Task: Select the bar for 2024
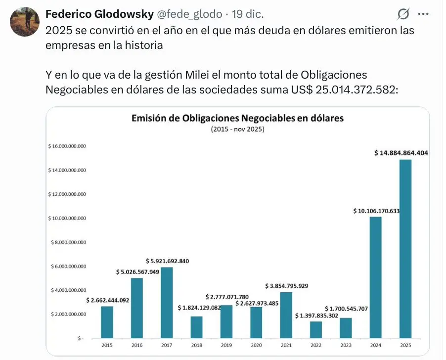point(375,277)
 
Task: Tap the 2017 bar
point(167,303)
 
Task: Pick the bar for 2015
point(107,322)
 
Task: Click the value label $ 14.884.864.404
point(401,153)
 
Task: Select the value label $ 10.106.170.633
point(376,211)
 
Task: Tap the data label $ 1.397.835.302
point(316,315)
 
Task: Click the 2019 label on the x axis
point(226,345)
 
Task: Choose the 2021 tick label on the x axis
point(286,345)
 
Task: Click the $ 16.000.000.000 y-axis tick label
point(67,146)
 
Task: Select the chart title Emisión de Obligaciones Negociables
point(237,119)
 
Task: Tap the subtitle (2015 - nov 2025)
point(237,130)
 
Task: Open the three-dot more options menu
point(423,13)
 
